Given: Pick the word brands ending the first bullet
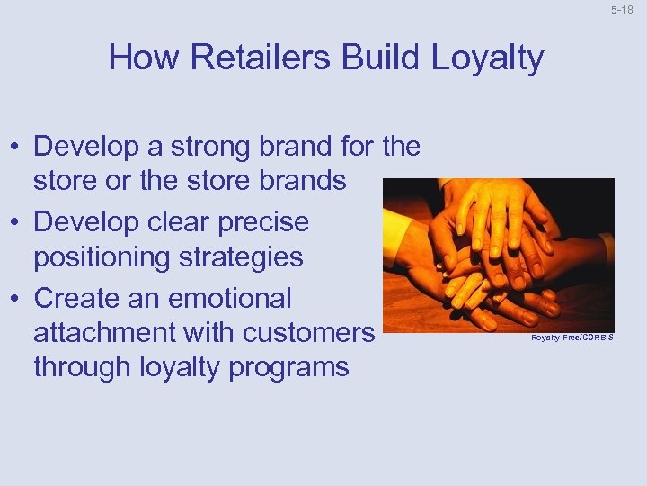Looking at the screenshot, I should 303,180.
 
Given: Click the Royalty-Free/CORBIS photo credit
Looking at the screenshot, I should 572,337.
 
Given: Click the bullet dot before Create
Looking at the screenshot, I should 15,298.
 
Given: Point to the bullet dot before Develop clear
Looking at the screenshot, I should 15,222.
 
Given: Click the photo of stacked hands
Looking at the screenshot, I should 498,253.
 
